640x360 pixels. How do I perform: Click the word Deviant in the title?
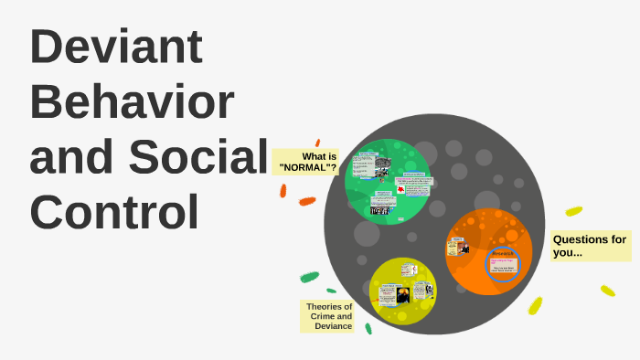[116, 48]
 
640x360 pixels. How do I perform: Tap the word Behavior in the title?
[132, 102]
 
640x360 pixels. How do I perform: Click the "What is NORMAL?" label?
[306, 163]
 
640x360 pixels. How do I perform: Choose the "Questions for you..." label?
[590, 245]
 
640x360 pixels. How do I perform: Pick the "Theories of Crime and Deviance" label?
[328, 316]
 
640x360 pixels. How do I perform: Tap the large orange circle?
[488, 251]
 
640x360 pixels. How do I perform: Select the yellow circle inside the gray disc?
[402, 291]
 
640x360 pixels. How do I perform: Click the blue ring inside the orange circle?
[504, 266]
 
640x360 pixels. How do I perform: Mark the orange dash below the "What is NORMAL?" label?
[307, 201]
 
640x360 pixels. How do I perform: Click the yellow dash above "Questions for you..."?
[574, 211]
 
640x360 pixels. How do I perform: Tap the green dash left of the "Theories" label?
[310, 277]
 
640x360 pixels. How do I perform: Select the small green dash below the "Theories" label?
[368, 328]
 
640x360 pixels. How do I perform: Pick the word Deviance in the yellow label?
[333, 326]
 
